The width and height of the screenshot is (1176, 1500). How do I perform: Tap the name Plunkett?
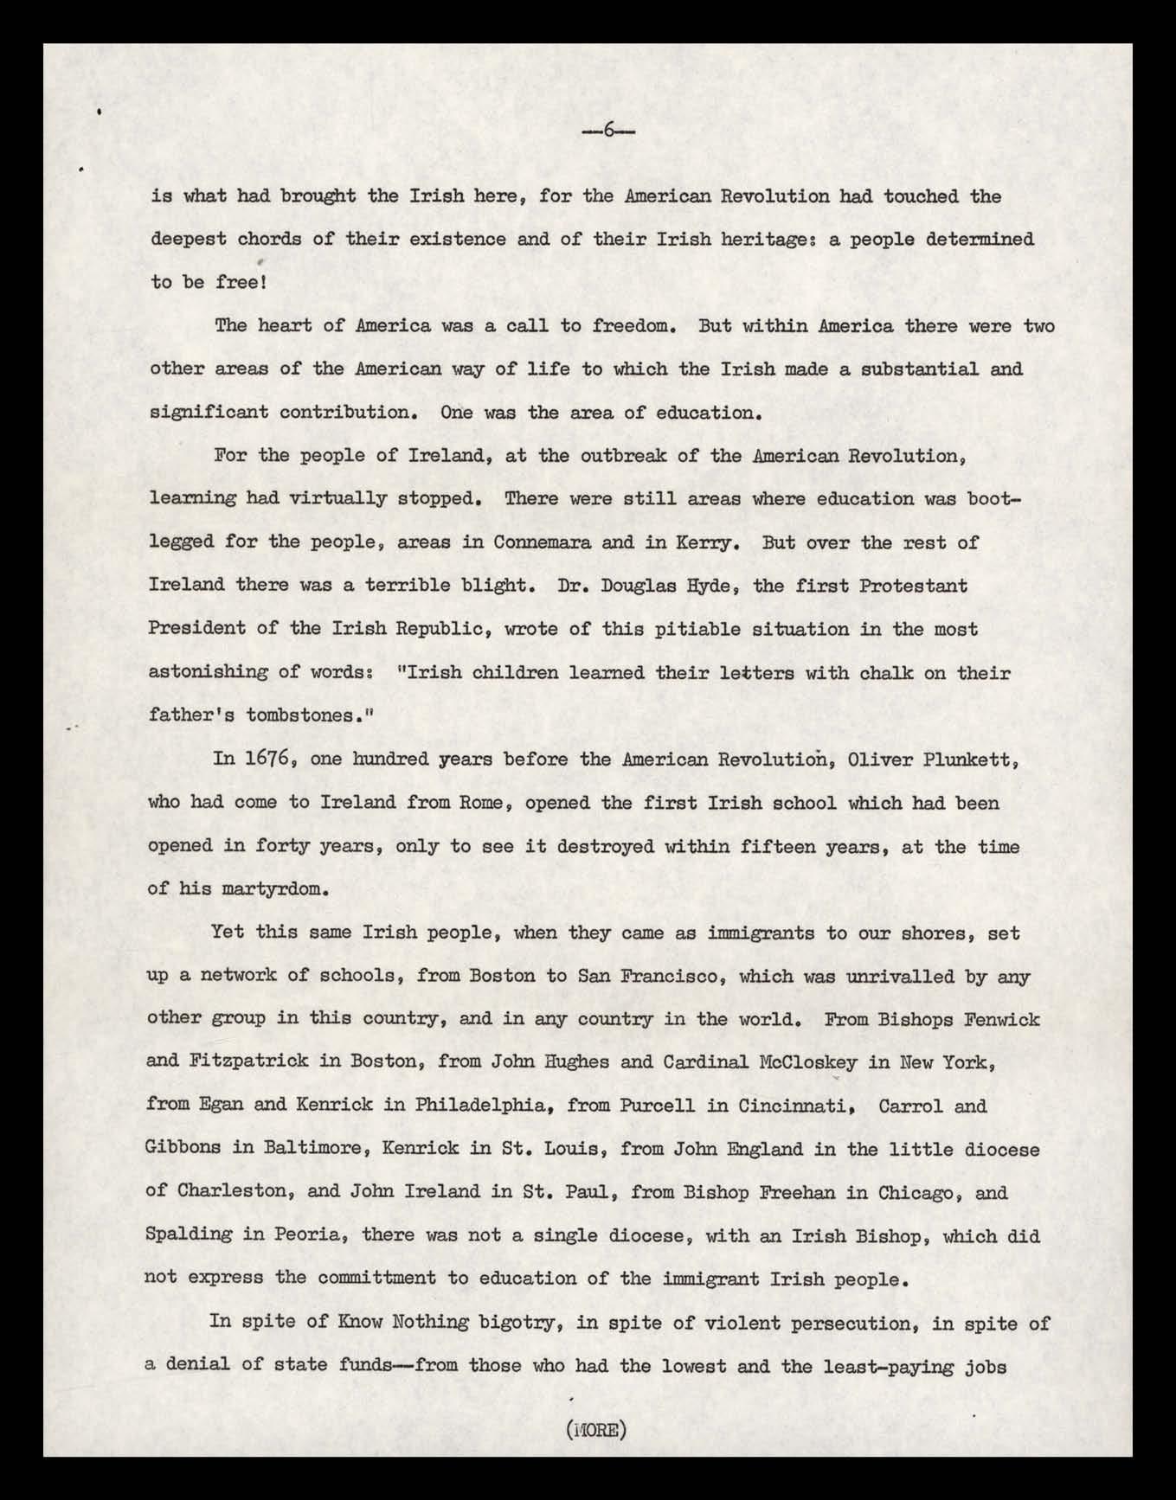tap(959, 760)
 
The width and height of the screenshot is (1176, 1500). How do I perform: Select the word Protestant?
tap(913, 586)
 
